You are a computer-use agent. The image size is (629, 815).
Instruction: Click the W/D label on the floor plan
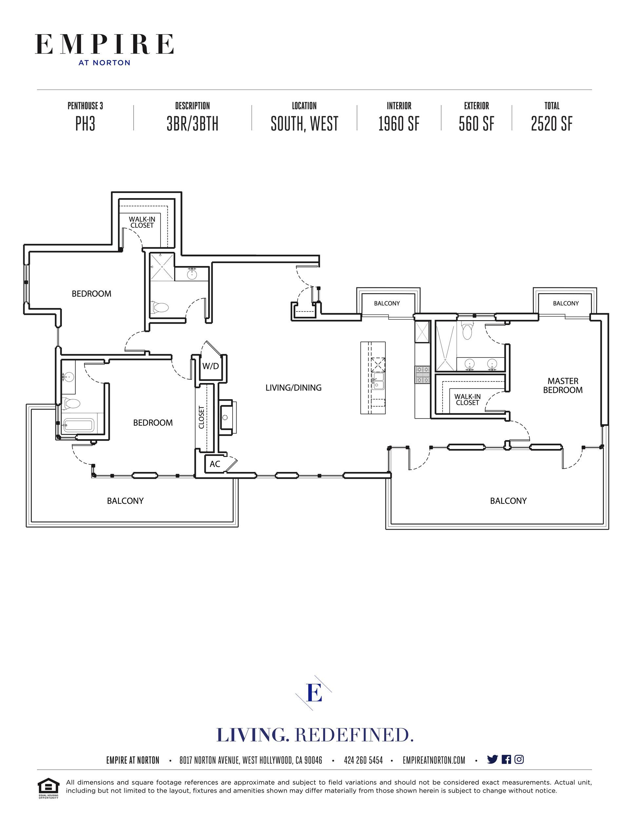(210, 366)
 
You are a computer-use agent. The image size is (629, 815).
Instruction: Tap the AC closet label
(215, 464)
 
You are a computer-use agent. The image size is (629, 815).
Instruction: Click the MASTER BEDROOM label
(562, 385)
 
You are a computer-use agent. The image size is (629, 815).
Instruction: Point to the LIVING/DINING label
(294, 388)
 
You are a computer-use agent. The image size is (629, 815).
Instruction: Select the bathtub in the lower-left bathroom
(78, 425)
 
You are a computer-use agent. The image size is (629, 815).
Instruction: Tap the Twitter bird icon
(492, 759)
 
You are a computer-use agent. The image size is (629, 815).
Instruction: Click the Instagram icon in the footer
(519, 759)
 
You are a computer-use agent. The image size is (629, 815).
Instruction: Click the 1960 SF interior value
(399, 124)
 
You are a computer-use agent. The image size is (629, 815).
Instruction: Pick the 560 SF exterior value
(477, 124)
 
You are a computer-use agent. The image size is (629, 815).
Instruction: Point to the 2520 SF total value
(552, 124)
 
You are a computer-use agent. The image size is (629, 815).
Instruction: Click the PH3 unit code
(86, 124)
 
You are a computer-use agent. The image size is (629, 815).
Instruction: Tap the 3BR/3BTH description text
(192, 124)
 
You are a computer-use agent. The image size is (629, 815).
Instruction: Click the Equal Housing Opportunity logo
(48, 788)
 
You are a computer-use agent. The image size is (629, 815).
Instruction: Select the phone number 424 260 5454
(363, 760)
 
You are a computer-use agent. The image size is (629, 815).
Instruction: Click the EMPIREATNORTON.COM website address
(434, 760)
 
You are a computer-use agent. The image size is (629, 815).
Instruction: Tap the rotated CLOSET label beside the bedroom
(201, 417)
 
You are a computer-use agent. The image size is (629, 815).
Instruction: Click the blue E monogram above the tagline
(314, 693)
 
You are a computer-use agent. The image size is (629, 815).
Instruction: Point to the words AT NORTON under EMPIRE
(105, 63)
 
